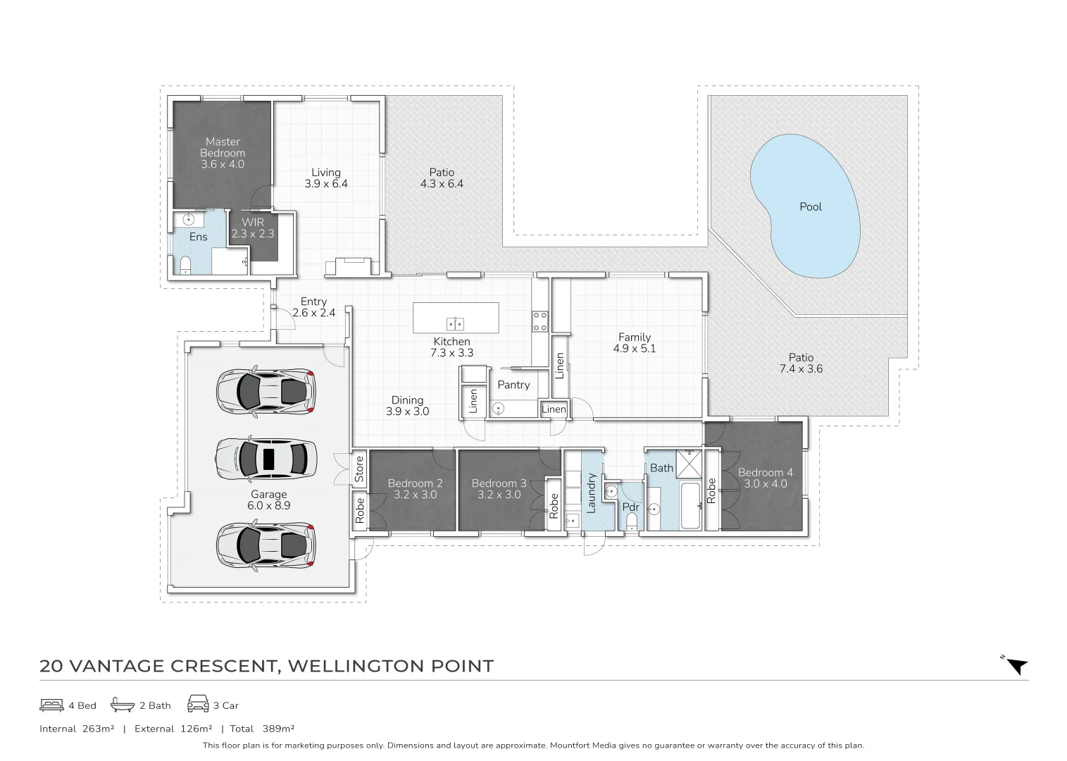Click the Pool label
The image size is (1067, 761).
pyautogui.click(x=811, y=206)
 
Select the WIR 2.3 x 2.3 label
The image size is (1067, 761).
pyautogui.click(x=252, y=228)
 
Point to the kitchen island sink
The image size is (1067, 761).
pyautogui.click(x=455, y=324)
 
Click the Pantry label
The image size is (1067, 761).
pyautogui.click(x=513, y=385)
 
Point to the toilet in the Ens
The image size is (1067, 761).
pyautogui.click(x=185, y=265)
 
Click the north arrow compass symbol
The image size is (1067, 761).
pyautogui.click(x=1016, y=666)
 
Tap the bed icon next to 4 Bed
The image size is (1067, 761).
pyautogui.click(x=51, y=705)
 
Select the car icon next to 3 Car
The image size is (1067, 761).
pyautogui.click(x=198, y=705)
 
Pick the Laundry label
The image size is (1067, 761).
pyautogui.click(x=591, y=491)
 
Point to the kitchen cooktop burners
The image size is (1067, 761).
pyautogui.click(x=540, y=321)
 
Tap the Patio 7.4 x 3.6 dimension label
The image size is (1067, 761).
pyautogui.click(x=801, y=363)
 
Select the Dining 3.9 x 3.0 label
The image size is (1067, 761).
pyautogui.click(x=407, y=406)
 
